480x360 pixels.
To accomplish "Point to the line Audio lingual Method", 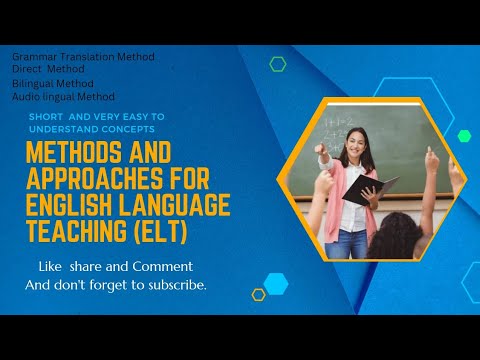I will click(63, 97).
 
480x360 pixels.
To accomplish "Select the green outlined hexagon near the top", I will click(277, 65).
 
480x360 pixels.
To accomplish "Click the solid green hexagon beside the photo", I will click(463, 136).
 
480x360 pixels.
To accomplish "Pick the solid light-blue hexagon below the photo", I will click(275, 283).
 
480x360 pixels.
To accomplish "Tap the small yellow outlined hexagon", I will click(258, 294).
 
